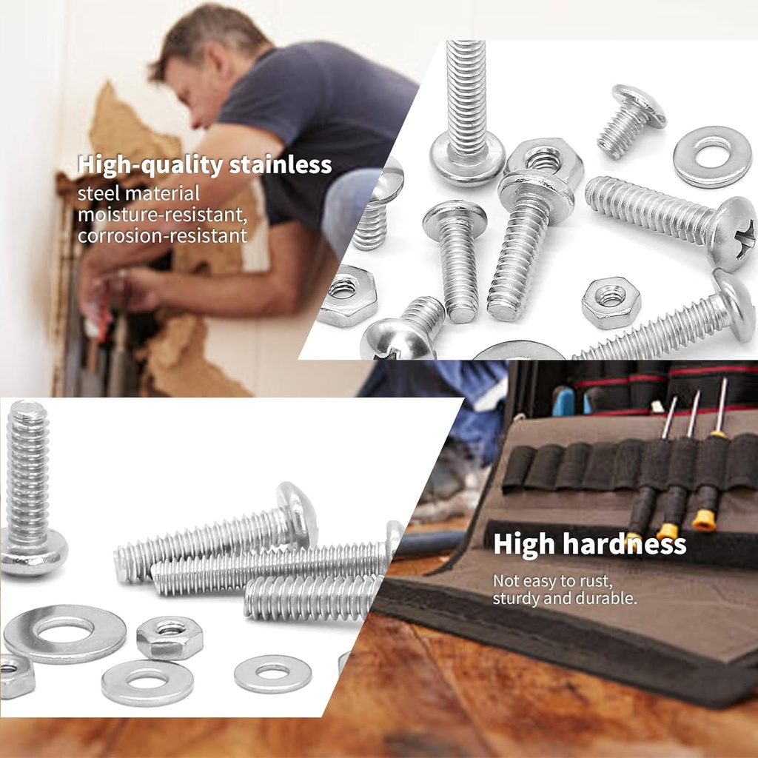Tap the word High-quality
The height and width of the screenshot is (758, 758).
click(x=151, y=164)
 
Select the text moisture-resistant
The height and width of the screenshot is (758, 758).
click(x=161, y=215)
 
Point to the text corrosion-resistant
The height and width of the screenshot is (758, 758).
click(x=162, y=236)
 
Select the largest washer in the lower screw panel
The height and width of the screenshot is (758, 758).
click(x=64, y=633)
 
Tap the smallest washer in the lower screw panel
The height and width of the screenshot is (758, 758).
click(x=272, y=672)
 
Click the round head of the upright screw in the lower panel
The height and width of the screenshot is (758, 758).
click(x=33, y=552)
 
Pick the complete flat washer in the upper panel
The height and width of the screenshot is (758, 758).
click(x=712, y=156)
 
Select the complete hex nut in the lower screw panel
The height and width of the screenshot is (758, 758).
click(x=170, y=637)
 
